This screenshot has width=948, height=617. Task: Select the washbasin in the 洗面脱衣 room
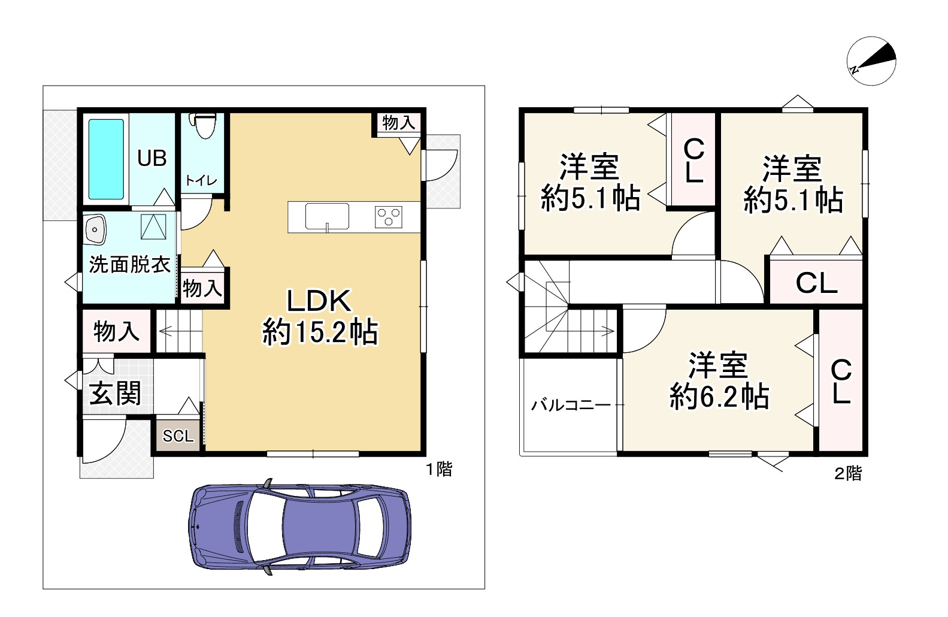pos(95,230)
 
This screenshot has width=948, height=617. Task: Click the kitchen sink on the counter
pos(327,216)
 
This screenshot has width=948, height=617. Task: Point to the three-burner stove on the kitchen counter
pos(389,216)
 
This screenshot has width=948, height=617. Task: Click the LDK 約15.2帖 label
pos(319,316)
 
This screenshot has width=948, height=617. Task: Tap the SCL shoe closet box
pos(178,436)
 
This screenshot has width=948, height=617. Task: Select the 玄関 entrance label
pos(115,394)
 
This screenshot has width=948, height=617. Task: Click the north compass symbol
pos(871,61)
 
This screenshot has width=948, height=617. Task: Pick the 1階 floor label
pos(439,469)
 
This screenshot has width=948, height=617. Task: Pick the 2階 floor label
pos(848,474)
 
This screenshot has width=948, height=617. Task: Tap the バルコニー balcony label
pos(571,406)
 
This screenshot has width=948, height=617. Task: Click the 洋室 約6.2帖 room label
pos(718,382)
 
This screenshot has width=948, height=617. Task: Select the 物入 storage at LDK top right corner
pos(398,123)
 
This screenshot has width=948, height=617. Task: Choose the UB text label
pos(152,158)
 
